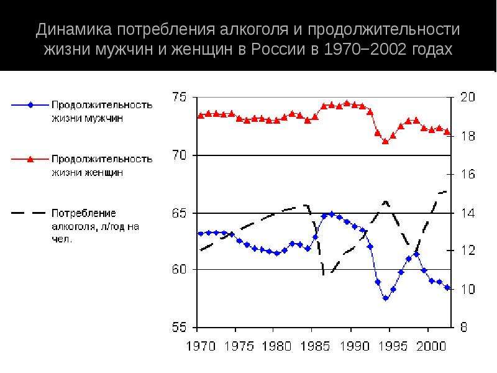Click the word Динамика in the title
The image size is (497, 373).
click(x=74, y=29)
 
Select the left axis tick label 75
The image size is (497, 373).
click(x=180, y=97)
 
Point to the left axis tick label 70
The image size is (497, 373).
click(x=180, y=155)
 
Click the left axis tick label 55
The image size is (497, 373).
click(x=180, y=328)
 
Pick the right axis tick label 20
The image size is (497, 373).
click(x=468, y=97)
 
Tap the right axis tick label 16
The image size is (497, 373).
click(x=468, y=174)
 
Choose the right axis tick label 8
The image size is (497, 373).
click(x=463, y=328)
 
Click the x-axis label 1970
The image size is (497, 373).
click(x=201, y=346)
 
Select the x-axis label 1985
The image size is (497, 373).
click(x=316, y=346)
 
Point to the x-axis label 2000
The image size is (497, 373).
click(x=431, y=346)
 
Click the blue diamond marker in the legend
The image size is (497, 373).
click(x=30, y=105)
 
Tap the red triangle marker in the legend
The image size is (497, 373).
click(x=30, y=159)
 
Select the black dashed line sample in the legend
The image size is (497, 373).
click(x=29, y=213)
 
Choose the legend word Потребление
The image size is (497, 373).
click(x=84, y=213)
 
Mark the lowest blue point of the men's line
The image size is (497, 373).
click(x=386, y=298)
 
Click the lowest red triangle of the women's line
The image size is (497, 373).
click(x=385, y=141)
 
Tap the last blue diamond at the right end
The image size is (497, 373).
click(x=447, y=287)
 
